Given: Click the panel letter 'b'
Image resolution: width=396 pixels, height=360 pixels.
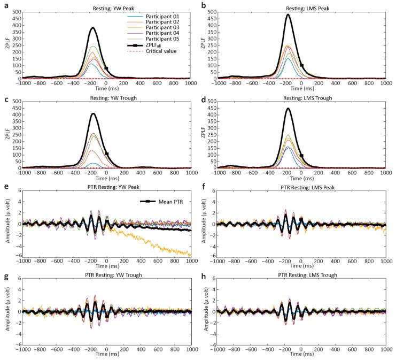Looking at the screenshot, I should click(x=204, y=5).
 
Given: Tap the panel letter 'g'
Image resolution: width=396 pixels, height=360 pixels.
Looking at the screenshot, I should click(x=5, y=275).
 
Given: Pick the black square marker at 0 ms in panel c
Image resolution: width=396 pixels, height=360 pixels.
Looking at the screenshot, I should click(x=106, y=154).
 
